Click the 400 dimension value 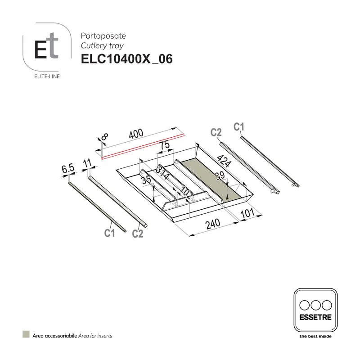tap(135, 134)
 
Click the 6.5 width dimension tap(67, 169)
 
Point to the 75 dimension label tap(164, 145)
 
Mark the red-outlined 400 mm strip tap(143, 145)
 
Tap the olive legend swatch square tap(26, 335)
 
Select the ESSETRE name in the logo tap(315, 317)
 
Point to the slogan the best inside tap(315, 336)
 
